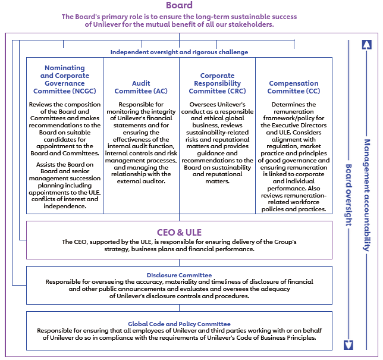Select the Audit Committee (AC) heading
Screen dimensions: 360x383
[141, 87]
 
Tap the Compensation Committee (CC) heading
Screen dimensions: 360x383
[294, 87]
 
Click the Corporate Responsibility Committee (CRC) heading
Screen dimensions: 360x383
[217, 83]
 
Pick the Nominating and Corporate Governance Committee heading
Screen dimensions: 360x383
[65, 80]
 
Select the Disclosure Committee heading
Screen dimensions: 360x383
[179, 275]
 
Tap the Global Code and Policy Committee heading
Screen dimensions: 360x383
[179, 324]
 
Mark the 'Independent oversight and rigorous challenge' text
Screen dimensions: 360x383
[179, 52]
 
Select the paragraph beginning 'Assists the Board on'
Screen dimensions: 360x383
[65, 185]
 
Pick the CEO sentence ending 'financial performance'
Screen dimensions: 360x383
[179, 246]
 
